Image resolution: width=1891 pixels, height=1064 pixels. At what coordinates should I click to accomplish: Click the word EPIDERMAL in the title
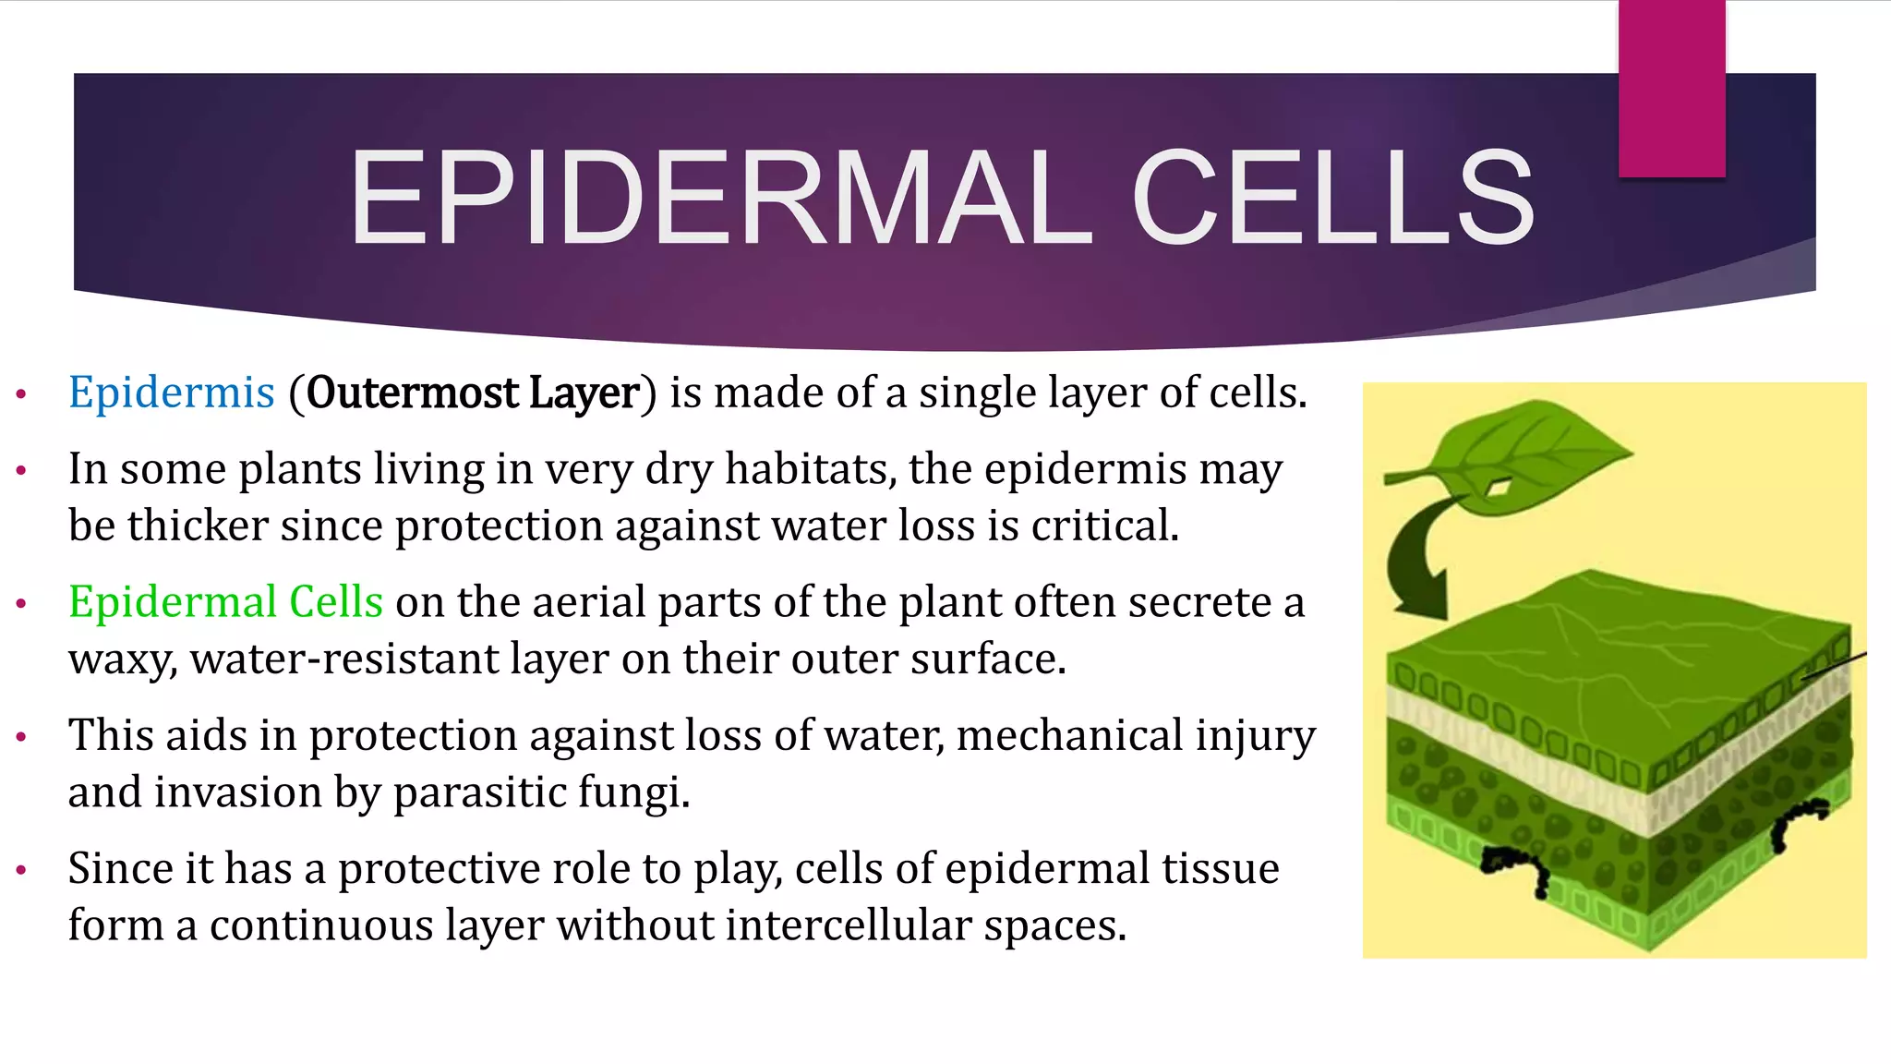pos(720,199)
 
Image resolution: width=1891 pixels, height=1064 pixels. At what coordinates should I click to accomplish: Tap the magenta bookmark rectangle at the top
pos(1671,89)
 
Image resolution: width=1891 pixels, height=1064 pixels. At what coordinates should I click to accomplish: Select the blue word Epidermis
pos(172,393)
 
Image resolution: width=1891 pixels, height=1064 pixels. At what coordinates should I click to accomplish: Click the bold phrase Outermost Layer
pos(473,393)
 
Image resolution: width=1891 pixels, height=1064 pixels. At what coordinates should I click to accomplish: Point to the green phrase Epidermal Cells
pos(225,602)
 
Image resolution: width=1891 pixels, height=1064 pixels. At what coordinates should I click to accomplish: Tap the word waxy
pos(122,660)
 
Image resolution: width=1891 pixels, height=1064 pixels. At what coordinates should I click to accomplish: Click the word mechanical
pos(1069,736)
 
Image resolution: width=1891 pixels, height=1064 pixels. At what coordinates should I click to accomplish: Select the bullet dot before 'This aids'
pos(21,738)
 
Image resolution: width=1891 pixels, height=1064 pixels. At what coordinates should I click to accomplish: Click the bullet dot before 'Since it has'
pos(21,870)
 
